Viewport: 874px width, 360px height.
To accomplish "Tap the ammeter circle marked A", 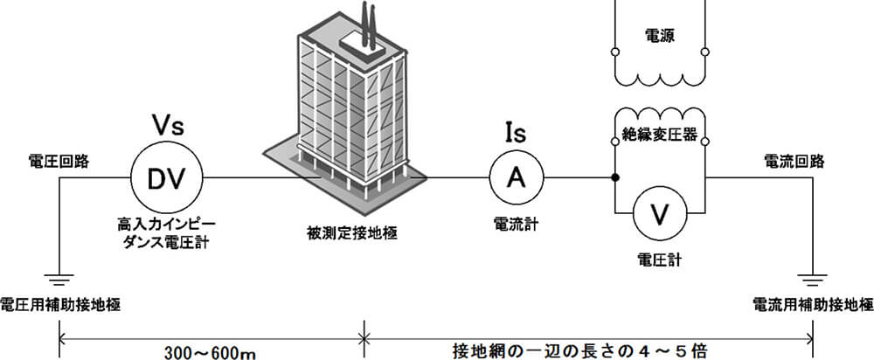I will tap(516, 178).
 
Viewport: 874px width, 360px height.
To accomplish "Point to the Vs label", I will tap(167, 123).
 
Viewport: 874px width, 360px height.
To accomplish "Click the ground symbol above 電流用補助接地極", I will tap(814, 281).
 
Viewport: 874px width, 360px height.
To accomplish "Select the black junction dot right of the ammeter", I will tap(616, 178).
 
